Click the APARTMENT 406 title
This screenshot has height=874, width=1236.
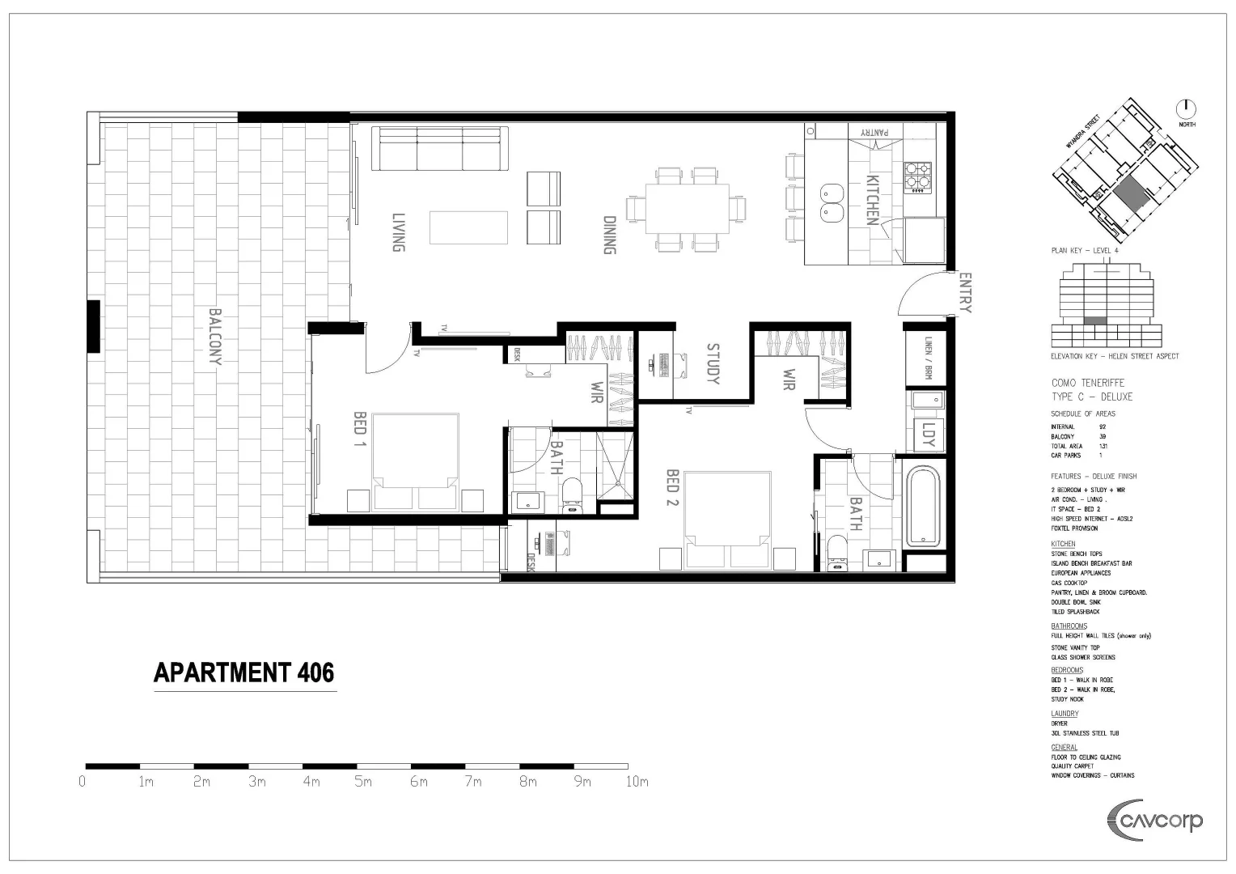tap(243, 673)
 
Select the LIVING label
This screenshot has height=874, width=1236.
tap(398, 233)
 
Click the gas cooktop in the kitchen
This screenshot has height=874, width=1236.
tap(917, 179)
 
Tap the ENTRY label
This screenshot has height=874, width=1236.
tap(965, 292)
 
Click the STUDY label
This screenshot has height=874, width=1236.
tap(713, 364)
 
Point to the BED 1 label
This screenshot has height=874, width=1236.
tap(360, 434)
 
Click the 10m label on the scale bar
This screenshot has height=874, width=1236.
tap(637, 782)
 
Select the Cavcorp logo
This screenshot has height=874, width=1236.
tap(1154, 821)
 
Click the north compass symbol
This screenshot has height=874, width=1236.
tap(1186, 110)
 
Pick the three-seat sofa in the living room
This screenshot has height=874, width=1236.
tap(441, 148)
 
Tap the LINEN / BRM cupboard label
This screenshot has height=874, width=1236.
tap(928, 359)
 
